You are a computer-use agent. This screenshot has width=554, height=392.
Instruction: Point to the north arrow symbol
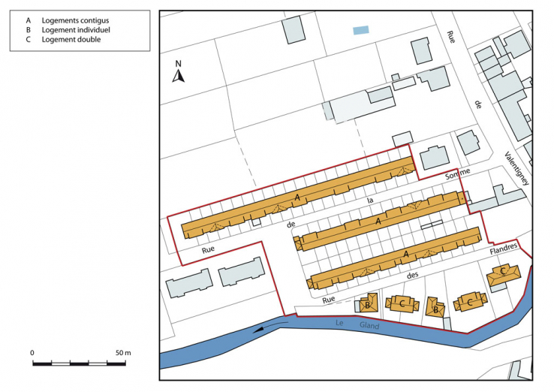tap(179, 77)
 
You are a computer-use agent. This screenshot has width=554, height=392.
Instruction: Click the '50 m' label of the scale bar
tap(123, 352)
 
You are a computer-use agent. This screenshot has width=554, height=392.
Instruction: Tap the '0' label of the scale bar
tap(32, 352)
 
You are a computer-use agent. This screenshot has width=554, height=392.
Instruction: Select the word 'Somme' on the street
tap(456, 176)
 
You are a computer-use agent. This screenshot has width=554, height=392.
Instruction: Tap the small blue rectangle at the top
tap(361, 31)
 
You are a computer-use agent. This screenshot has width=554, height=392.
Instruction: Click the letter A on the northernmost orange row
tap(297, 197)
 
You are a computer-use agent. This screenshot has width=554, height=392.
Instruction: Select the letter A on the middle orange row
tap(378, 222)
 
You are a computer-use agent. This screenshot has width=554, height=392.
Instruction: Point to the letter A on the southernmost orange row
tap(406, 255)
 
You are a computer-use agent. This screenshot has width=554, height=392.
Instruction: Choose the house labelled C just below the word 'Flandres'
tap(502, 273)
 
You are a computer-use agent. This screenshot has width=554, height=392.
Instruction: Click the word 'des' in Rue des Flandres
tap(411, 276)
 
